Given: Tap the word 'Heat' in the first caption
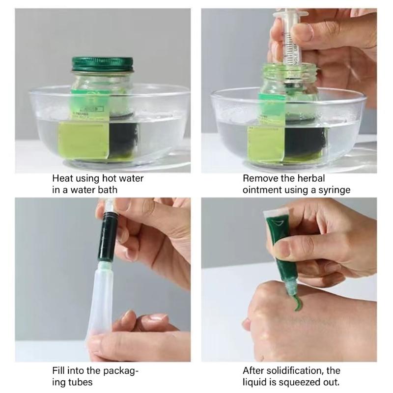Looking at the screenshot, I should point(63,178).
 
